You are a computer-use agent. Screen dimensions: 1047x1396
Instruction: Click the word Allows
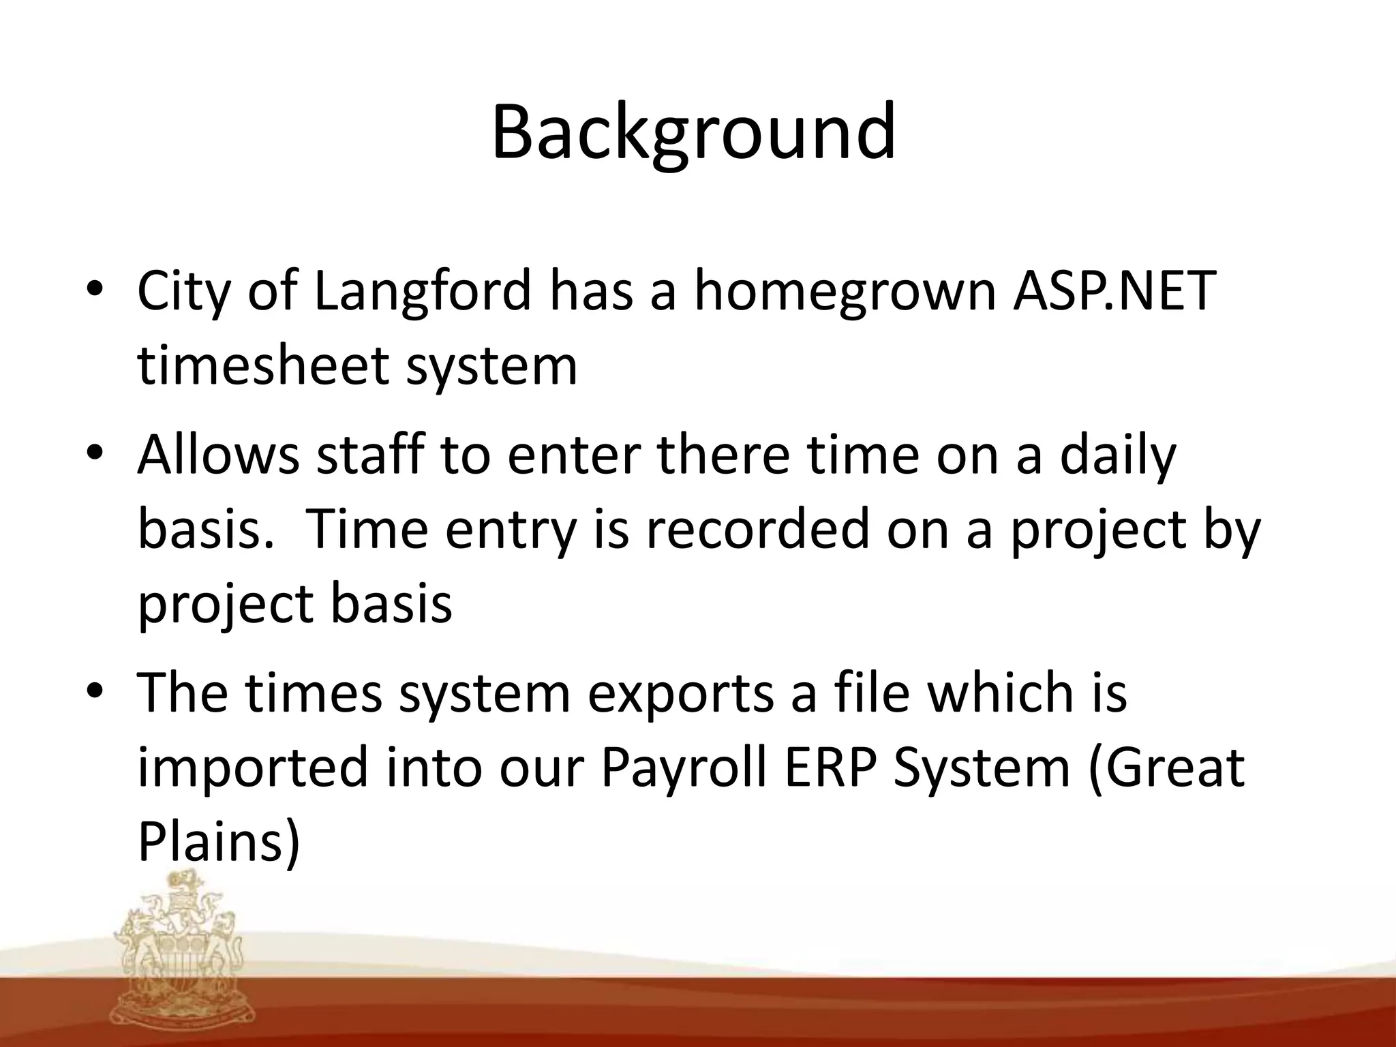pos(218,455)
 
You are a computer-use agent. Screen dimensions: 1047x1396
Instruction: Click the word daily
pos(1118,455)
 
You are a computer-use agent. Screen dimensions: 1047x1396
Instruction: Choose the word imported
pos(253,768)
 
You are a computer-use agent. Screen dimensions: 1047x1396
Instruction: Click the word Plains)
pos(219,842)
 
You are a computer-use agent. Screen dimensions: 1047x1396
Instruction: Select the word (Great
pos(1166,768)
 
